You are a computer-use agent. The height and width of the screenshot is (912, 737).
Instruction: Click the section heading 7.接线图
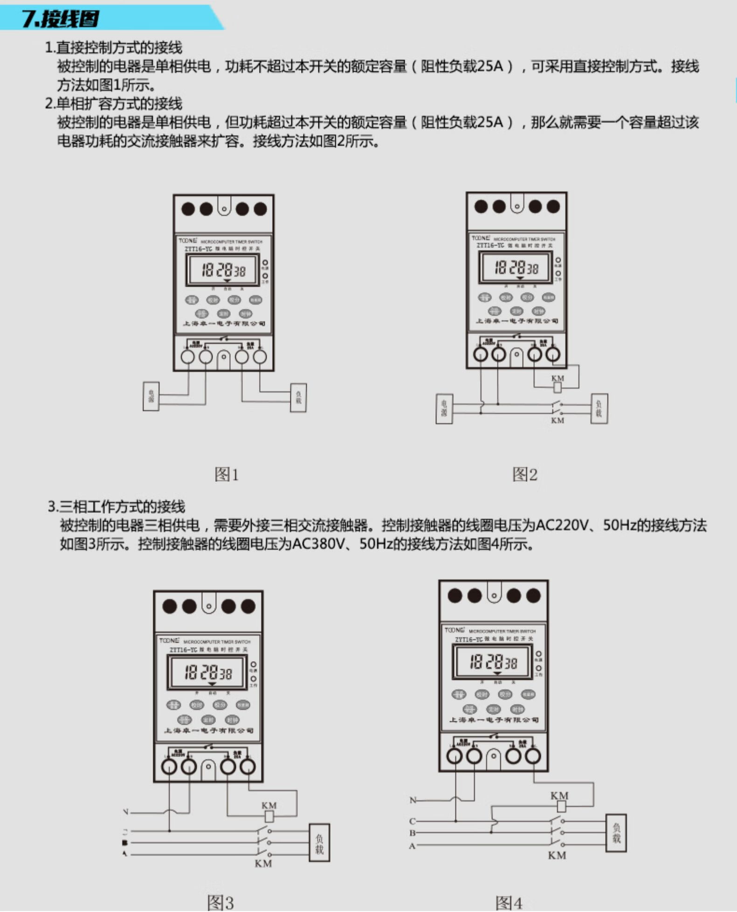tap(61, 19)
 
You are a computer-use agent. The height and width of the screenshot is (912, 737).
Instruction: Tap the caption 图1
tap(227, 474)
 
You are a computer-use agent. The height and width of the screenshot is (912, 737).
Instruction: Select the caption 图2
tap(524, 474)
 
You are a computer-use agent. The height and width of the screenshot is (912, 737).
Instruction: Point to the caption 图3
tap(220, 903)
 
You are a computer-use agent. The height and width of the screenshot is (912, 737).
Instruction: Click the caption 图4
tap(509, 903)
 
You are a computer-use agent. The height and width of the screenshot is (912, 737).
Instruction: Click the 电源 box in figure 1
tap(151, 396)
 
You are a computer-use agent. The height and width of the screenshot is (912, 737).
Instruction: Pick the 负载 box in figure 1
tap(298, 397)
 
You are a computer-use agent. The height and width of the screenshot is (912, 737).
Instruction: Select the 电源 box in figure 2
tap(444, 409)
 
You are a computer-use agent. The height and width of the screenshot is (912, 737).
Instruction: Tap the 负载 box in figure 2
tap(599, 408)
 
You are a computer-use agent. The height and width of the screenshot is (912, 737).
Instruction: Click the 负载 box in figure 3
tap(319, 843)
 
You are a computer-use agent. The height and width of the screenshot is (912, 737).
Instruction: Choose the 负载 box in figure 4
tap(616, 833)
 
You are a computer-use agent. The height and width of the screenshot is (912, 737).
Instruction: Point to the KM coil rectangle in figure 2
tap(557, 387)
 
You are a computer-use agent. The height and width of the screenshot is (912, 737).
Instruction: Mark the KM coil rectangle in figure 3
tap(269, 816)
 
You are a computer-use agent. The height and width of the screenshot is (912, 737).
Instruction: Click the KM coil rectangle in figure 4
tap(561, 806)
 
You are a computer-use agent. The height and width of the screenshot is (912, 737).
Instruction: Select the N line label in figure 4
tap(413, 800)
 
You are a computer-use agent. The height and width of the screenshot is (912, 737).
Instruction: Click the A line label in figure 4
tap(412, 846)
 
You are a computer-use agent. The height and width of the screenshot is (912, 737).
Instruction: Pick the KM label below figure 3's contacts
tap(263, 864)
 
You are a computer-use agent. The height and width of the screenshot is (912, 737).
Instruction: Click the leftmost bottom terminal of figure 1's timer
tap(188, 357)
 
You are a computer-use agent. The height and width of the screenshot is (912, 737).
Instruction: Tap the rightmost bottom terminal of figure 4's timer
tap(533, 756)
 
